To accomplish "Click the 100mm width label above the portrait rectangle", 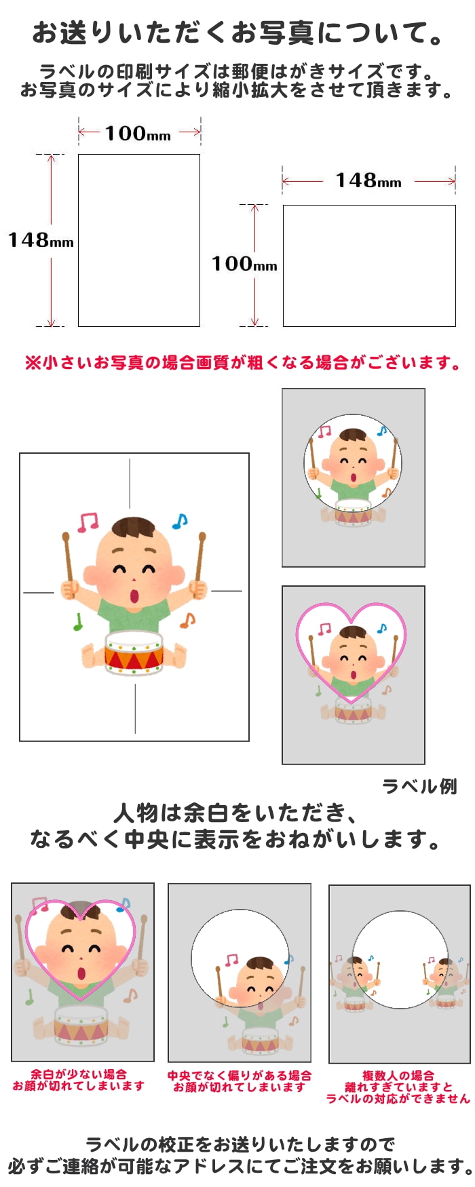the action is tap(138, 133).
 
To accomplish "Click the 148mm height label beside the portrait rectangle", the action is tap(41, 240).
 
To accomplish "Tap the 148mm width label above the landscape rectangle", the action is tap(368, 180).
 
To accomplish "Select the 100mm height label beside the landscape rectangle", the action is tap(244, 264).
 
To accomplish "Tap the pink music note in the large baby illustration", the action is tap(88, 522).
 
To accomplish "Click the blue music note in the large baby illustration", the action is tap(179, 521).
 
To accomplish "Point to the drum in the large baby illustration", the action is tap(134, 653).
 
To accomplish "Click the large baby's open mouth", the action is tap(134, 596).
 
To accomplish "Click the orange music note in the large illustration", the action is tap(188, 620).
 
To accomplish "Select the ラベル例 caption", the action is tap(419, 786).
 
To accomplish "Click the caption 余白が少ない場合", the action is tap(78, 1074).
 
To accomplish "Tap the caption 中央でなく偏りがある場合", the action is tap(240, 1075).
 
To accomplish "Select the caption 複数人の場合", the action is tap(398, 1075).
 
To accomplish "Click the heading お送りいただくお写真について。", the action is tap(238, 33).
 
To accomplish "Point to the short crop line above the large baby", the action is tap(130, 474).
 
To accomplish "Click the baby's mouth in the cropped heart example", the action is tap(82, 973).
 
